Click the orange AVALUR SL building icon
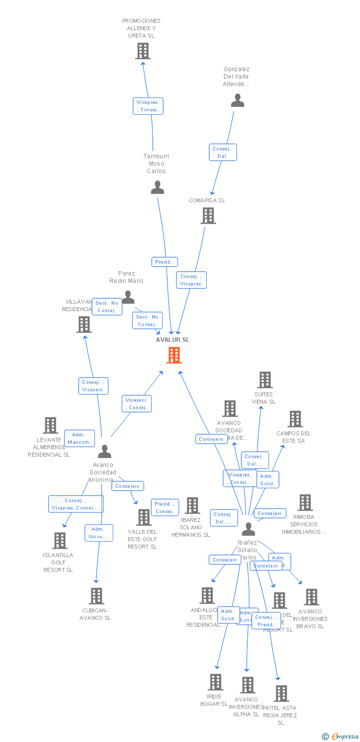pyautogui.click(x=174, y=355)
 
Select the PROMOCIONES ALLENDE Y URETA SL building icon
pyautogui.click(x=143, y=51)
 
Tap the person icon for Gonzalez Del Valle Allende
pyautogui.click(x=237, y=101)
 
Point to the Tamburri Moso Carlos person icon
pyautogui.click(x=157, y=187)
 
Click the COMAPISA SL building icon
pyautogui.click(x=208, y=216)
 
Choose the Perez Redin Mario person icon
pyautogui.click(x=128, y=297)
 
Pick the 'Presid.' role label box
pyautogui.click(x=164, y=262)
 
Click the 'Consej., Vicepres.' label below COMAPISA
pyautogui.click(x=191, y=280)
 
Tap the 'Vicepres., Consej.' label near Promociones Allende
pyautogui.click(x=148, y=106)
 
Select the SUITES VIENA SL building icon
pyautogui.click(x=265, y=380)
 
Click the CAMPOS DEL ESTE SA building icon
pyautogui.click(x=295, y=419)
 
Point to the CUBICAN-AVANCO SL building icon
pyautogui.click(x=96, y=596)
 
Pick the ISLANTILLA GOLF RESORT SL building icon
pyautogui.click(x=60, y=541)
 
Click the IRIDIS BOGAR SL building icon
pyautogui.click(x=215, y=682)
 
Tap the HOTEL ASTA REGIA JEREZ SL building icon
pyautogui.click(x=281, y=694)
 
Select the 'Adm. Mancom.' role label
pyautogui.click(x=79, y=438)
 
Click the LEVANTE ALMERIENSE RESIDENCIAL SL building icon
pyautogui.click(x=50, y=425)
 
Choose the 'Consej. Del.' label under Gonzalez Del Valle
pyautogui.click(x=223, y=152)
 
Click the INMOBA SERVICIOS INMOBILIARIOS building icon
pyautogui.click(x=305, y=503)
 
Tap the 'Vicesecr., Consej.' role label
pyautogui.click(x=136, y=404)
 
